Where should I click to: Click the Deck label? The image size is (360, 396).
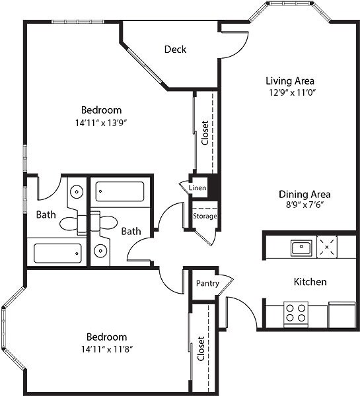175,49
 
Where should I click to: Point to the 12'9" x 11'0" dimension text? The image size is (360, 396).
289,93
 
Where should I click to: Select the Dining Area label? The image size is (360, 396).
304,195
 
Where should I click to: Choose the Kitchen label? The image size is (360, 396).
310,282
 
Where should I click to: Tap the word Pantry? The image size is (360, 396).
207,283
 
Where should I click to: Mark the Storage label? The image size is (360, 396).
205,216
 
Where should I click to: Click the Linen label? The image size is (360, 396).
198,188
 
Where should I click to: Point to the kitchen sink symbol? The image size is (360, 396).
301,248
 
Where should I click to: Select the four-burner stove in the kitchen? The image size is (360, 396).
295,312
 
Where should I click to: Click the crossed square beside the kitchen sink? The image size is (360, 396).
327,248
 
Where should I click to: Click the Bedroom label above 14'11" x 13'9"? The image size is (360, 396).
101,110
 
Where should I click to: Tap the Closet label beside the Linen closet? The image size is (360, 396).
205,133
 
